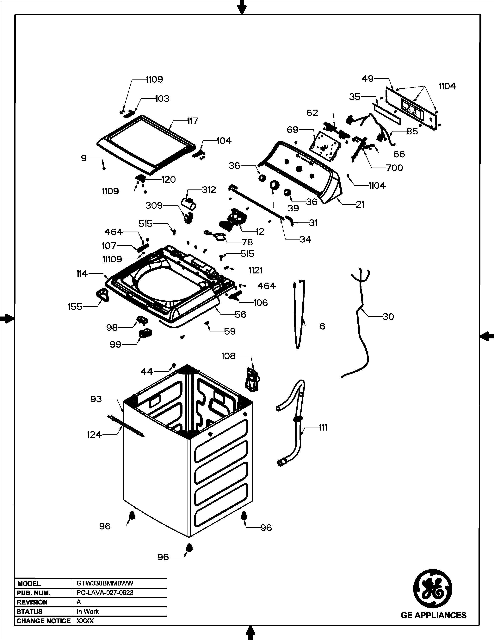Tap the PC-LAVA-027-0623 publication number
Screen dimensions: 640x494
coord(105,592)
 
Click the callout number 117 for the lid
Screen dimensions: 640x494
coord(193,121)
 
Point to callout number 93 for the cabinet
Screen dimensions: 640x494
coord(96,399)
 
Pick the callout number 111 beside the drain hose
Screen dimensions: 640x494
coord(323,428)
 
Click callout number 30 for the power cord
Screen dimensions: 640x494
coord(388,317)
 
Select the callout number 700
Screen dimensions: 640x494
coord(394,168)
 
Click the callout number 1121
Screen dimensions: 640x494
coord(256,270)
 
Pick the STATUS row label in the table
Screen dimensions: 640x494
coord(30,611)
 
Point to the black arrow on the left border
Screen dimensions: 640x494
coord(6,318)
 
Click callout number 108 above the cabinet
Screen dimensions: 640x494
coord(228,356)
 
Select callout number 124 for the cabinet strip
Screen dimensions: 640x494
coord(94,435)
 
